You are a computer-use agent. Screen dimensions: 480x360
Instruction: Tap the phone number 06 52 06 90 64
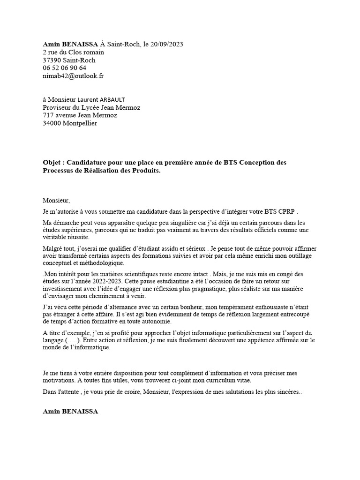tap(64, 67)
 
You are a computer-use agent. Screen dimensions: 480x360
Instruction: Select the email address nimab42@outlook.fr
tap(73, 75)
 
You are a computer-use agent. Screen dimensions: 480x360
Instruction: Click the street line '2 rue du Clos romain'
tap(73, 52)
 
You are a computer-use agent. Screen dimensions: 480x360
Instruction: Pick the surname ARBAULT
tap(112, 99)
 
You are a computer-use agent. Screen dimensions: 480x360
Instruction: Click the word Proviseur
tap(57, 107)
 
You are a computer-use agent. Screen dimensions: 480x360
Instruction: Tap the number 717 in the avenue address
tap(48, 115)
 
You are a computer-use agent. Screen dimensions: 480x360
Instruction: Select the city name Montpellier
tap(80, 123)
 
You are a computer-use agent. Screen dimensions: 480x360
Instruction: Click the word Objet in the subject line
tap(52, 162)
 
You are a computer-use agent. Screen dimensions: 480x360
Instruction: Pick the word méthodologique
tap(97, 263)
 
